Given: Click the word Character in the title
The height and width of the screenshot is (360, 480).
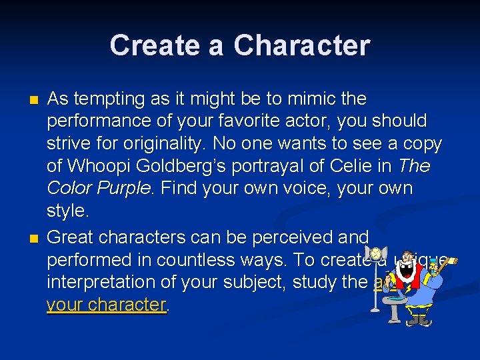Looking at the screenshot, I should click(x=302, y=45).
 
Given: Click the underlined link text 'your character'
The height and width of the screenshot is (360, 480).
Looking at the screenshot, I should click(x=105, y=305).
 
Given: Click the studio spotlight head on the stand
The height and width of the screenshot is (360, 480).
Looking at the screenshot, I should click(x=376, y=255).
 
